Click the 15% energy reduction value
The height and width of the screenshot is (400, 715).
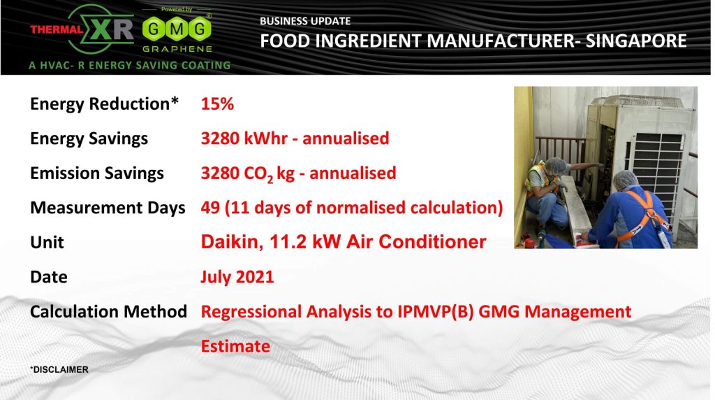pyautogui.click(x=217, y=104)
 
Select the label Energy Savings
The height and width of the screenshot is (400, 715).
pyautogui.click(x=89, y=139)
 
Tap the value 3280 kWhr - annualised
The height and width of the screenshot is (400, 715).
pyautogui.click(x=295, y=138)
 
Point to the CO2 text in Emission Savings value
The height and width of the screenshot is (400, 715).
pyautogui.click(x=258, y=174)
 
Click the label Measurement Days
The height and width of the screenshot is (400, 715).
pyautogui.click(x=108, y=208)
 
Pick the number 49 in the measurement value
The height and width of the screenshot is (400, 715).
pyautogui.click(x=210, y=208)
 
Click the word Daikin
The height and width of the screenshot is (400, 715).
pyautogui.click(x=232, y=242)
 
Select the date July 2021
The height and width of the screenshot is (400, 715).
pyautogui.click(x=237, y=277)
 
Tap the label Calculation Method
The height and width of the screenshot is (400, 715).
pyautogui.click(x=108, y=311)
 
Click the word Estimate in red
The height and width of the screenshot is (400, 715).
pyautogui.click(x=235, y=346)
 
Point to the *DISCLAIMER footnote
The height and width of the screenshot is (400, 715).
pyautogui.click(x=59, y=369)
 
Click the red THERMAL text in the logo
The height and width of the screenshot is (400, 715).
pyautogui.click(x=57, y=29)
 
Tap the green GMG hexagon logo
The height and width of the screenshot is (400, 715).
pyautogui.click(x=177, y=29)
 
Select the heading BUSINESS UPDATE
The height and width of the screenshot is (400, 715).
pyautogui.click(x=305, y=21)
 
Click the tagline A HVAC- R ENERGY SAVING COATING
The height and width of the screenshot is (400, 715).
pyautogui.click(x=129, y=65)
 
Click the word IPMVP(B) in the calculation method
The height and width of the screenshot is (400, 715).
pyautogui.click(x=435, y=312)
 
